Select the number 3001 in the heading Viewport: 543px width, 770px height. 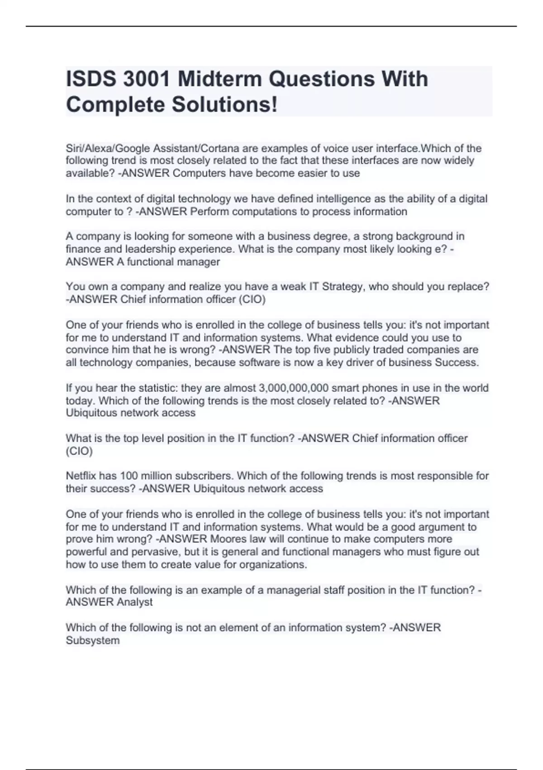click(x=147, y=79)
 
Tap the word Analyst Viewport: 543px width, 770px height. click(x=134, y=602)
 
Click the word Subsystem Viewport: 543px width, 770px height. click(x=93, y=640)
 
